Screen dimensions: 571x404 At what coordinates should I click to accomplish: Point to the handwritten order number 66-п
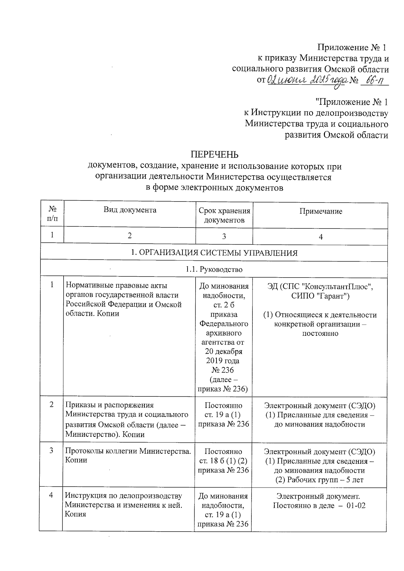pyautogui.click(x=374, y=81)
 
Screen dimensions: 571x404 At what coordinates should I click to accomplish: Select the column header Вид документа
pyautogui.click(x=130, y=210)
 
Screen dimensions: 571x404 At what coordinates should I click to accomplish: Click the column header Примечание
pyautogui.click(x=321, y=211)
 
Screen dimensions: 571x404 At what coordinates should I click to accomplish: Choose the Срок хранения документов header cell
pyautogui.click(x=224, y=215)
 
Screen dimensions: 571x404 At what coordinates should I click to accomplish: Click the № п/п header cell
pyautogui.click(x=52, y=214)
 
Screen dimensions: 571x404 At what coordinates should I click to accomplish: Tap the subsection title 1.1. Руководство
pyautogui.click(x=214, y=269)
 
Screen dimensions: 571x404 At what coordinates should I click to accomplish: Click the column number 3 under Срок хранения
pyautogui.click(x=224, y=237)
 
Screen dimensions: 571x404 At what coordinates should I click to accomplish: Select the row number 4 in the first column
pyautogui.click(x=51, y=496)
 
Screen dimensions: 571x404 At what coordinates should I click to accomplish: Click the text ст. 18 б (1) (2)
pyautogui.click(x=223, y=461)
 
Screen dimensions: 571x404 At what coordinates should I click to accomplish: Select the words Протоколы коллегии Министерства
pyautogui.click(x=128, y=451)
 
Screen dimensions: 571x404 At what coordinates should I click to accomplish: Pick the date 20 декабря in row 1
pyautogui.click(x=224, y=352)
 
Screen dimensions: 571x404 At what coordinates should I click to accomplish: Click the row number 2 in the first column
pyautogui.click(x=52, y=404)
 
